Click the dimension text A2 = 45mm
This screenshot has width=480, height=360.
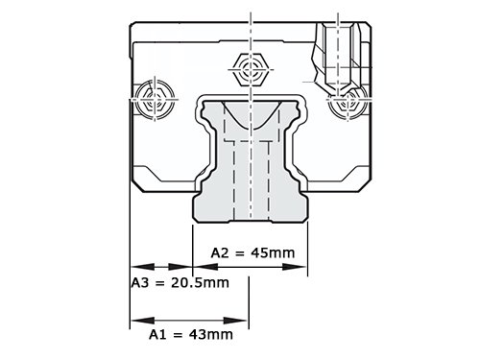point(252,252)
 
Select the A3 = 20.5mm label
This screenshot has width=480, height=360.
point(180,283)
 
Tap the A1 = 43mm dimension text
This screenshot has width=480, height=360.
point(191,335)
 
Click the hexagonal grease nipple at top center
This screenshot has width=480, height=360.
point(251,69)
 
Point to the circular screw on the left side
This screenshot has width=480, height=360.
point(155,99)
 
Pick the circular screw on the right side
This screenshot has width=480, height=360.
point(348,102)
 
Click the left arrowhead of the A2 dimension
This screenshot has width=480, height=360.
point(205,267)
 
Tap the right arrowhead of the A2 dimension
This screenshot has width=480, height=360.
point(295,267)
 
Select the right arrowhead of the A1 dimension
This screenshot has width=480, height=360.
point(236,321)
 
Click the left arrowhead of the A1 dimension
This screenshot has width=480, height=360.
point(143,321)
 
